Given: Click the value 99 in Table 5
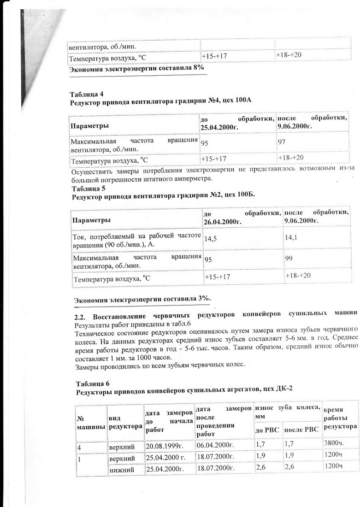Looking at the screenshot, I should click(x=289, y=259).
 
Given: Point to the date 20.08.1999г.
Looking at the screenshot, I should click(x=165, y=446).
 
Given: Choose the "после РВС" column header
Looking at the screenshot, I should click(x=301, y=430).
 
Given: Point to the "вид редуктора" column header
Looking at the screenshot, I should click(x=125, y=422).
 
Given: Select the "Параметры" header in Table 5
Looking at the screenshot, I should click(x=90, y=220).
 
